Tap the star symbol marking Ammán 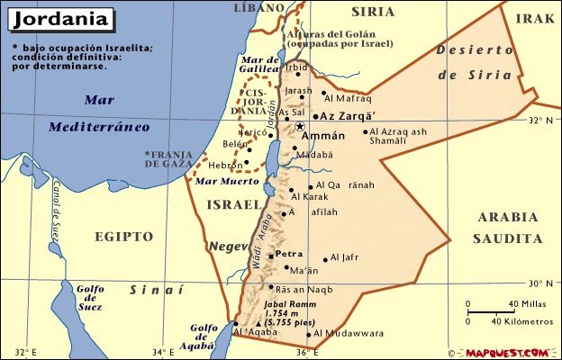pos(300,127)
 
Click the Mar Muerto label pos(222,182)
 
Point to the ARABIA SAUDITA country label pos(508,228)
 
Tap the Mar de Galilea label pos(259,67)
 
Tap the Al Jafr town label pos(345,258)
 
